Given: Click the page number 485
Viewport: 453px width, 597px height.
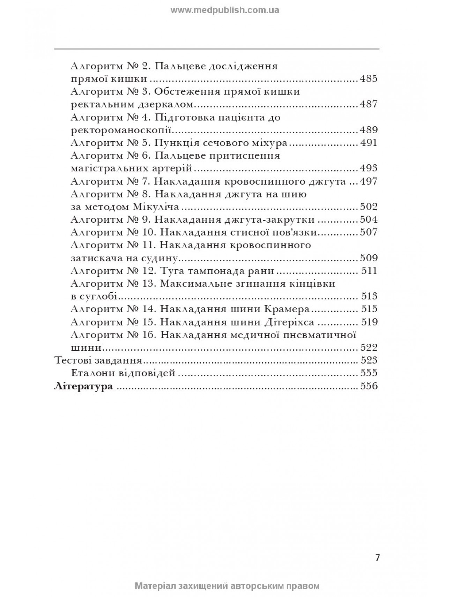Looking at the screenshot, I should pos(368,79).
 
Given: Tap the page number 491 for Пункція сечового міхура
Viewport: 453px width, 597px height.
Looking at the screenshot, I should pos(369,143).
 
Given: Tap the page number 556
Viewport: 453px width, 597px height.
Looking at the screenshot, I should pos(369,386).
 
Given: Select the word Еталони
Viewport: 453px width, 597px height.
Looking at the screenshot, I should pos(90,373).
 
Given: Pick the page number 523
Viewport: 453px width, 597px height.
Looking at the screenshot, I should pos(369,360).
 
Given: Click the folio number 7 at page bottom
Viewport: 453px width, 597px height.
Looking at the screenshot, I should pos(377,557).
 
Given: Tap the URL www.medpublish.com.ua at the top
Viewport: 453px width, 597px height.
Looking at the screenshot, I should pos(225,10).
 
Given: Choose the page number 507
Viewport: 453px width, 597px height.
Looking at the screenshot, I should pos(369,232).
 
